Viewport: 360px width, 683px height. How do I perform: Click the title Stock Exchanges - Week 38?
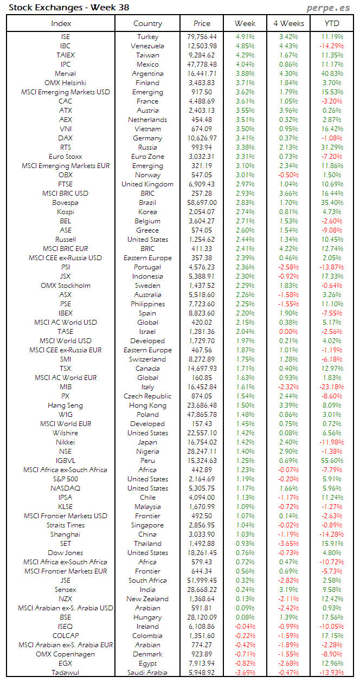tap(69, 8)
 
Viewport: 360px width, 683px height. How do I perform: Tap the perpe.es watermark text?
tap(327, 8)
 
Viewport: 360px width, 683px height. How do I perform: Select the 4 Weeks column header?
tap(288, 23)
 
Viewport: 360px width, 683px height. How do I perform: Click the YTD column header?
tap(332, 23)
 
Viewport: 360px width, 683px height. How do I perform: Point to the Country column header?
tap(147, 23)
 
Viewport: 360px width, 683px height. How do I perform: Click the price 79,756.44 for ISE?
tap(202, 37)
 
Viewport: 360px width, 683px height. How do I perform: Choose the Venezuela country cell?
tap(147, 46)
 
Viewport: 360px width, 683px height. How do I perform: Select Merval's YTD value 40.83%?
tap(332, 74)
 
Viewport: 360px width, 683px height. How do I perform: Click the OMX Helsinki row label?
tap(65, 83)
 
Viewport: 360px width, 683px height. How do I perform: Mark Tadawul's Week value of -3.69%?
tap(245, 673)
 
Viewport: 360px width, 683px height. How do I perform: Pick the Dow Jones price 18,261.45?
tap(202, 553)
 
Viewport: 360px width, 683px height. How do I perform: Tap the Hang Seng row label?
tap(65, 405)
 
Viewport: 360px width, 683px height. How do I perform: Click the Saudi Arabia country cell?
tap(147, 673)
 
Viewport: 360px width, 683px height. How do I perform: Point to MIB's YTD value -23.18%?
tap(332, 387)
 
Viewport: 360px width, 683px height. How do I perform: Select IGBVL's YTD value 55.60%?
tap(332, 461)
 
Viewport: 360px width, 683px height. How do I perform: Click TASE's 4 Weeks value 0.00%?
tap(288, 332)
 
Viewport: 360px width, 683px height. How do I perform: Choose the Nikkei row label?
tap(65, 442)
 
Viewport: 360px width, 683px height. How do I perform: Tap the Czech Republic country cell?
tap(147, 396)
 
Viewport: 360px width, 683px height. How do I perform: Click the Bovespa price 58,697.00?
tap(202, 203)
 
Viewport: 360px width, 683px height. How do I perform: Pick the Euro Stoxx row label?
tap(65, 157)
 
